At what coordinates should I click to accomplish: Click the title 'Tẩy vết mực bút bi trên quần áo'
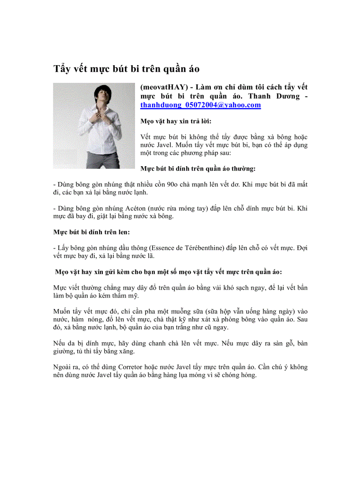[127, 69]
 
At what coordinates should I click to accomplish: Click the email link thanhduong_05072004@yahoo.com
[200, 105]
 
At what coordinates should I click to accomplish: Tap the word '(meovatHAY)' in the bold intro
[162, 87]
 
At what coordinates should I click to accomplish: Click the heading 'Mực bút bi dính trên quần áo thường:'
[198, 168]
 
